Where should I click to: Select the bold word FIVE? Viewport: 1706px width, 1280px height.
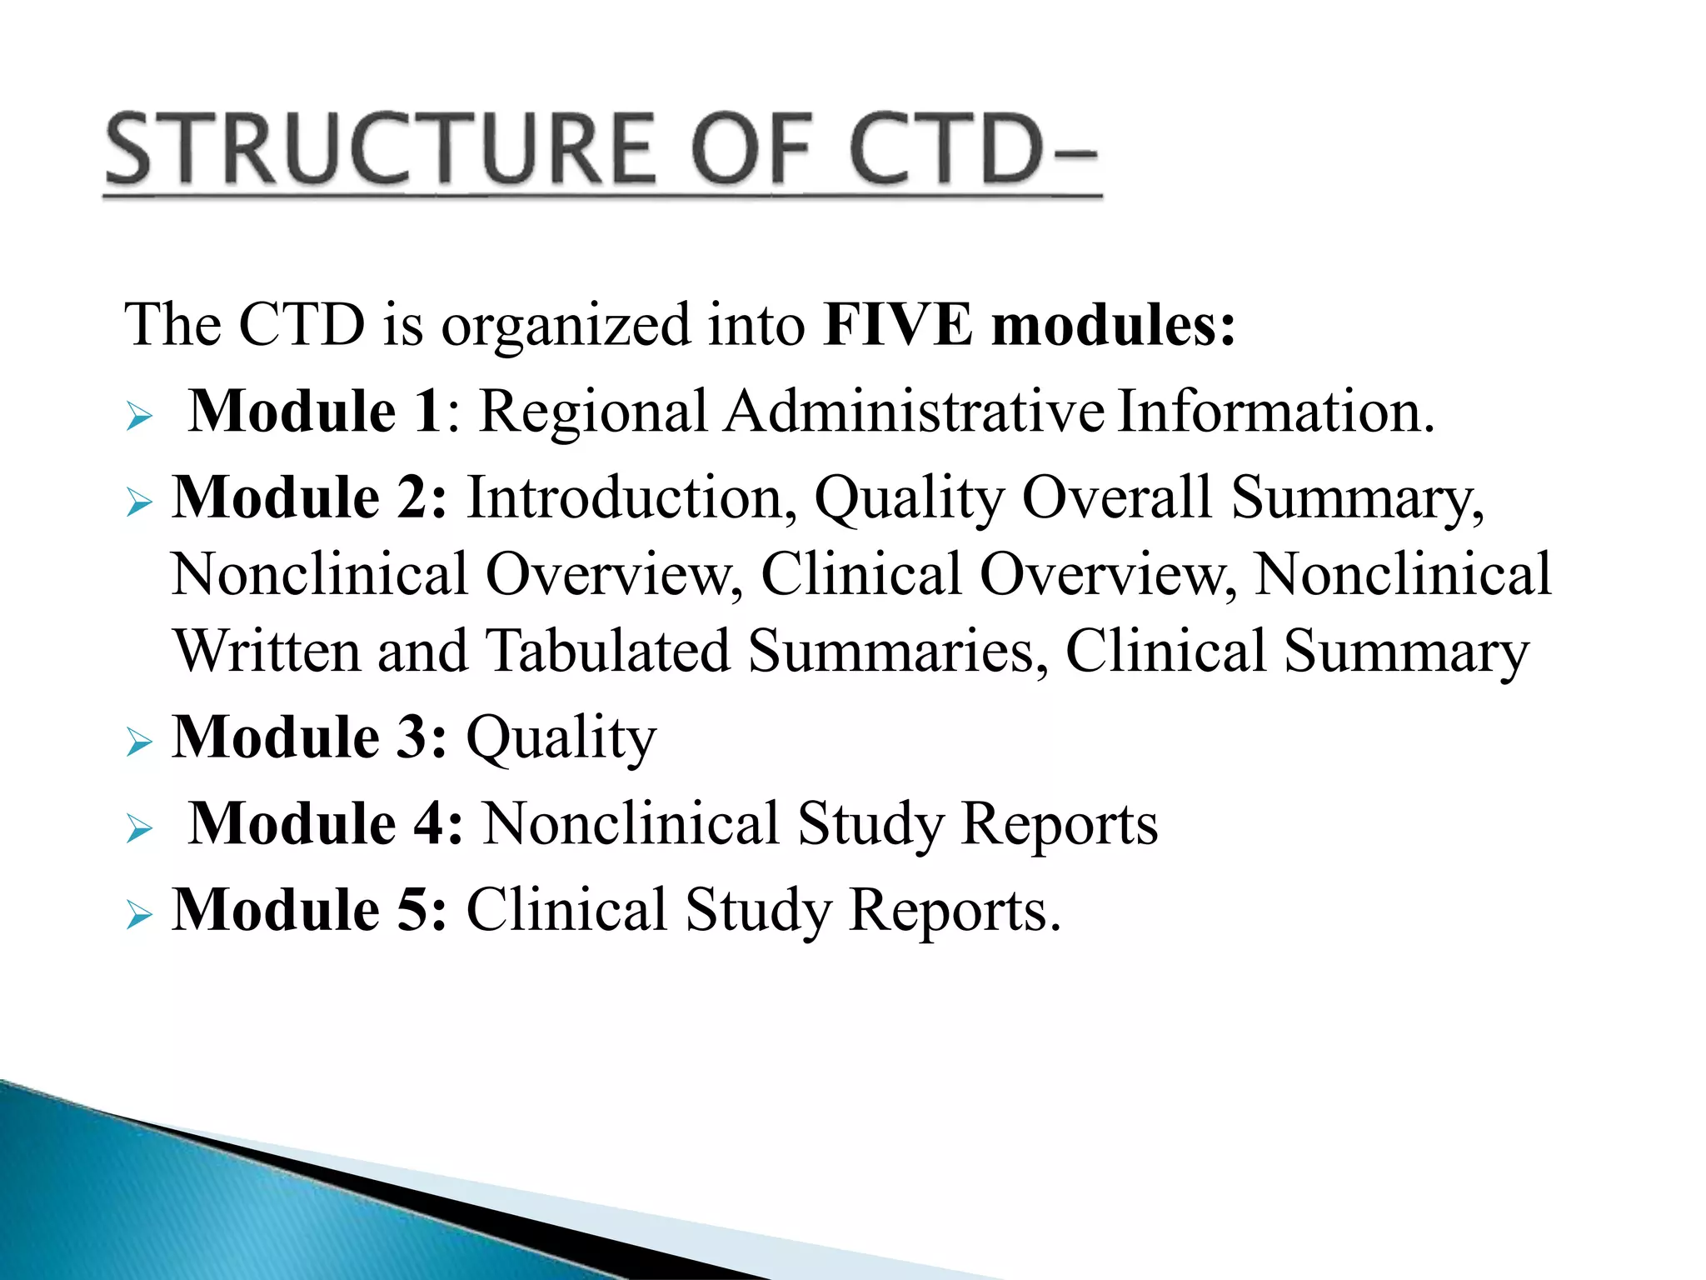(897, 324)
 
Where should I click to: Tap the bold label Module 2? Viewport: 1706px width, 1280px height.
(309, 497)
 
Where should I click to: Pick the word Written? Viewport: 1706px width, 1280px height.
(266, 652)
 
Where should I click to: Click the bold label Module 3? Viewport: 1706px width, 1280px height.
(309, 737)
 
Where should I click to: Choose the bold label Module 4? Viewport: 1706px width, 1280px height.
(325, 824)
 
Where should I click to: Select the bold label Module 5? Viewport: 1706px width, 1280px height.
(309, 910)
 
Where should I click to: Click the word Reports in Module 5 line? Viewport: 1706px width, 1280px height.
(955, 911)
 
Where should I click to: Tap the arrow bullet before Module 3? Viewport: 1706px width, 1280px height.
(140, 742)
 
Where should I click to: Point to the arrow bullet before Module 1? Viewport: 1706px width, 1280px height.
(140, 416)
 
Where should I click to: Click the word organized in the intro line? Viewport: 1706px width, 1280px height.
(566, 326)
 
